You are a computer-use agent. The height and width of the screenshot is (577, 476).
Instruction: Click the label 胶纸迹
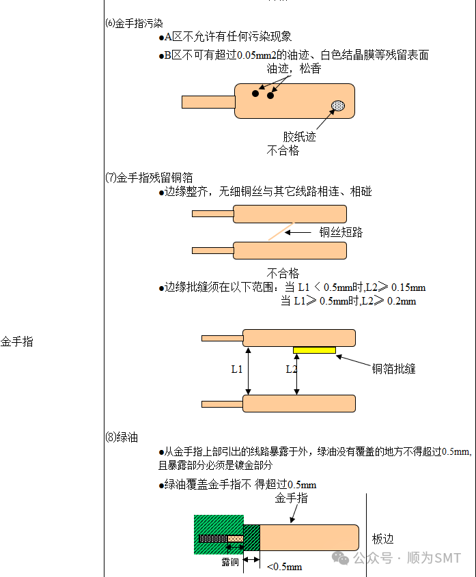300,137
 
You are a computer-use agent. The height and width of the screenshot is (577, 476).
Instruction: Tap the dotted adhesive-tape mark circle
338,105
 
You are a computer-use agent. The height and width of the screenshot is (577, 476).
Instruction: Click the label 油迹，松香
294,69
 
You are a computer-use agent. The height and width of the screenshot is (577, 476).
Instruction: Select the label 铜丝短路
341,232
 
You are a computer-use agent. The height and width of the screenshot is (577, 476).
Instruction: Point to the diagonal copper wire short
281,231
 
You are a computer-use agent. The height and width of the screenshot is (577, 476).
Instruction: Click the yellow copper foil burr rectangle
314,350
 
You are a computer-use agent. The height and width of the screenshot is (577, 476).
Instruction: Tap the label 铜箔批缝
393,369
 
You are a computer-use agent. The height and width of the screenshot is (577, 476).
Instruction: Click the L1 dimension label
236,369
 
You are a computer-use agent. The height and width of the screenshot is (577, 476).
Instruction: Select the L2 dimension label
291,369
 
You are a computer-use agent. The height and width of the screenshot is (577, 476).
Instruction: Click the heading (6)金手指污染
134,23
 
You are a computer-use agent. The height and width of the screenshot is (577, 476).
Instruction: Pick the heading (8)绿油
122,438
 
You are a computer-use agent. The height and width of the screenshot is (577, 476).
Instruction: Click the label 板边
383,538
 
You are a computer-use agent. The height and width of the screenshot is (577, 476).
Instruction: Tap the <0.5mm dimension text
284,567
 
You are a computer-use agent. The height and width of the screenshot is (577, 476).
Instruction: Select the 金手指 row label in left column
17,342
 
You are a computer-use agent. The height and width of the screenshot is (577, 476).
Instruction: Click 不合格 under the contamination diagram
283,150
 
